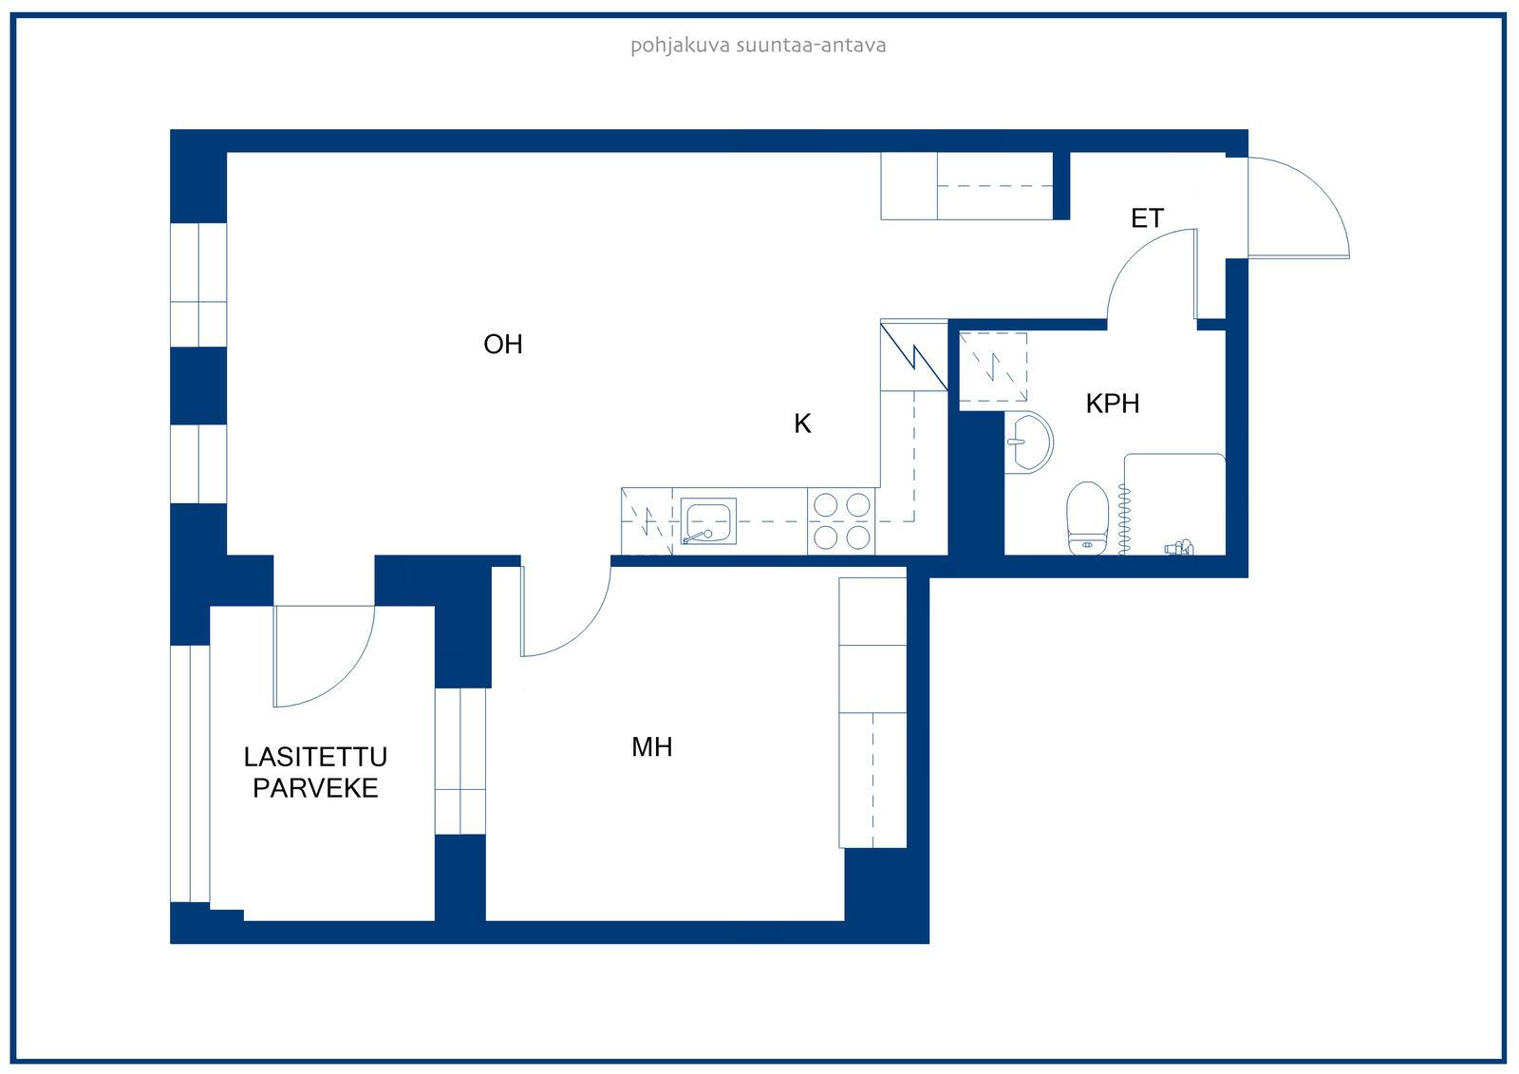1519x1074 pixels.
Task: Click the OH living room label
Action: [x=503, y=345]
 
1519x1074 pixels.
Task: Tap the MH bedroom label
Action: [x=651, y=747]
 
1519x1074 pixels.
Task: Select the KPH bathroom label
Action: [x=1112, y=404]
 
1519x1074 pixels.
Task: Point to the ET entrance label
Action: [x=1148, y=218]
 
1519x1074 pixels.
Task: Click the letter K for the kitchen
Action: [x=802, y=424]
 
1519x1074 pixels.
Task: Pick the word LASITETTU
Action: [x=315, y=757]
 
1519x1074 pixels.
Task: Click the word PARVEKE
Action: [x=315, y=787]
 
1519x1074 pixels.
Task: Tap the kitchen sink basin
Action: [x=708, y=521]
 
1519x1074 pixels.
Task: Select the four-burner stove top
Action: [x=841, y=521]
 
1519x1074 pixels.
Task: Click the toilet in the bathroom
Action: [x=1087, y=518]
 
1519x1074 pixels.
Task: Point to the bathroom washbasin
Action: [x=1029, y=442]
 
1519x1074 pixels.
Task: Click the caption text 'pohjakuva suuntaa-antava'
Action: [x=759, y=47]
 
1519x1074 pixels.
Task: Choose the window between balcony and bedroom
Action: [x=460, y=762]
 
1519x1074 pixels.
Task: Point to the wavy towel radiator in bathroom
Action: [x=1124, y=519]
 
